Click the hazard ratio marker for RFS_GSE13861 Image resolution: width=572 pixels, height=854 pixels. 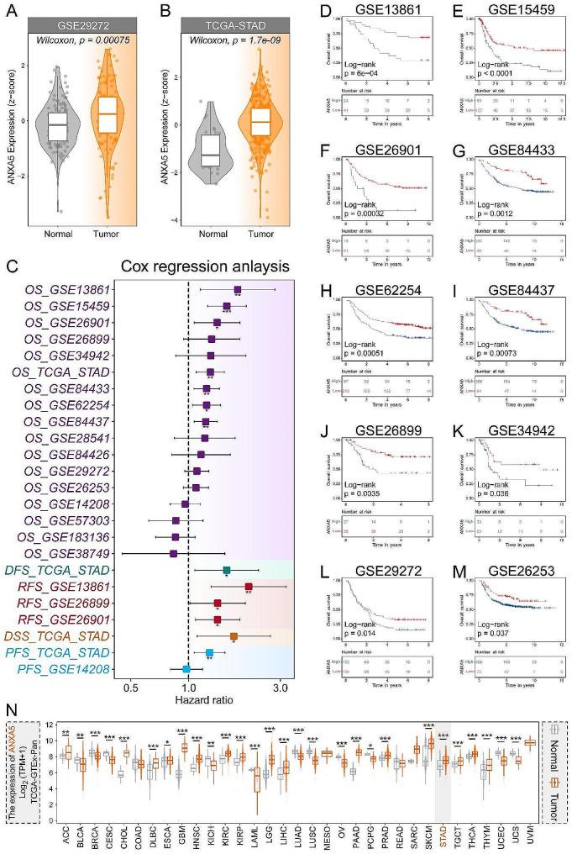[x=249, y=587]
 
